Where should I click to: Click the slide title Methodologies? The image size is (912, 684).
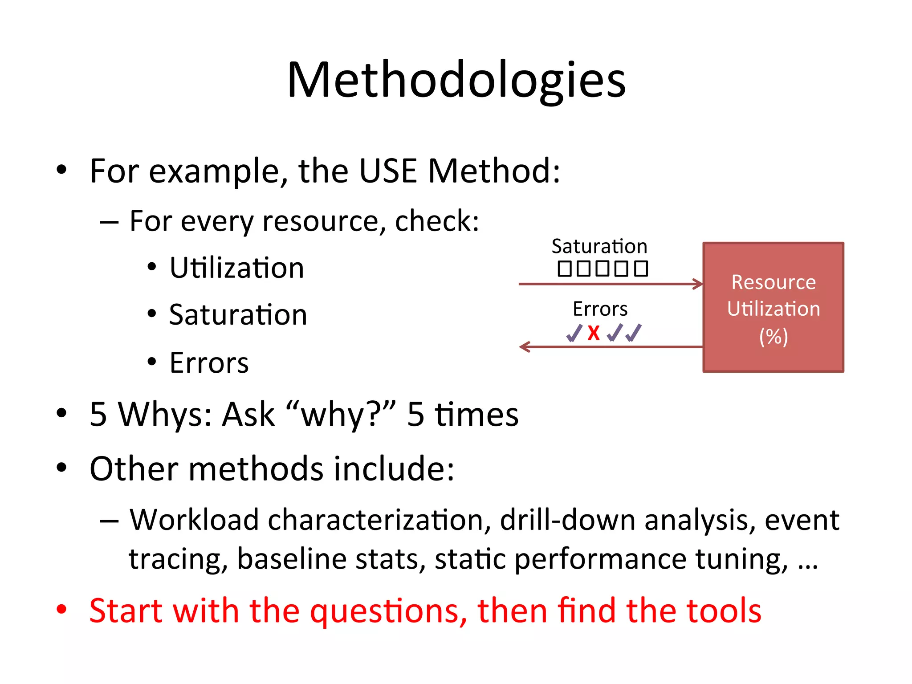tap(456, 80)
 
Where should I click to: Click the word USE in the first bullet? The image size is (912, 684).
tap(387, 171)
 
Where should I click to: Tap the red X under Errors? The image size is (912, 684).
tap(594, 333)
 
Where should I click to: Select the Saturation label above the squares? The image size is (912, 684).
tap(599, 247)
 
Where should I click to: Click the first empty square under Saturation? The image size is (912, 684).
tap(565, 269)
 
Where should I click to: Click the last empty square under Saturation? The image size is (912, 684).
tap(641, 269)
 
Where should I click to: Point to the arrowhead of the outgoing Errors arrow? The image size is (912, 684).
tap(524, 347)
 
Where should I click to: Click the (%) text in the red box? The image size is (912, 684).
tap(774, 337)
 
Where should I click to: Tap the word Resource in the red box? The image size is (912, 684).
tap(774, 282)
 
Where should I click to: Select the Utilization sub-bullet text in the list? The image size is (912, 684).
tap(237, 268)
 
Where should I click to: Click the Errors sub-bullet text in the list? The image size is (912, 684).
tap(209, 363)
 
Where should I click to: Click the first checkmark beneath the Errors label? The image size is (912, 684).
tap(574, 333)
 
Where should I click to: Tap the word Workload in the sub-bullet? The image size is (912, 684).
tap(194, 520)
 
